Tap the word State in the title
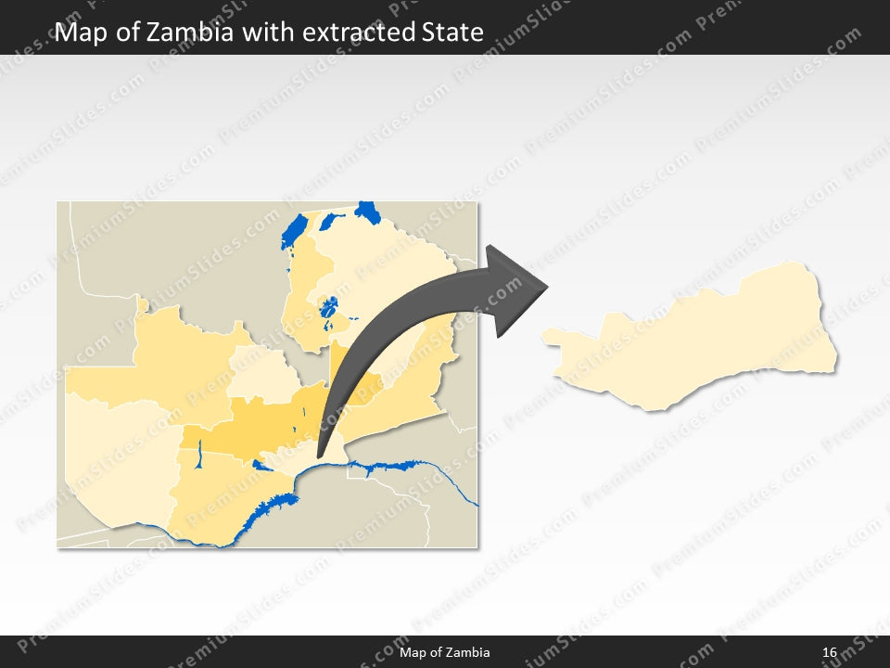[x=452, y=32]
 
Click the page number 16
[x=829, y=653]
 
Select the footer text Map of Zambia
[x=445, y=653]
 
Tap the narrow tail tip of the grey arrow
[x=320, y=455]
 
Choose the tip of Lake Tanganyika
[x=368, y=212]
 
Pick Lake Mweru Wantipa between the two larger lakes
[x=330, y=222]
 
